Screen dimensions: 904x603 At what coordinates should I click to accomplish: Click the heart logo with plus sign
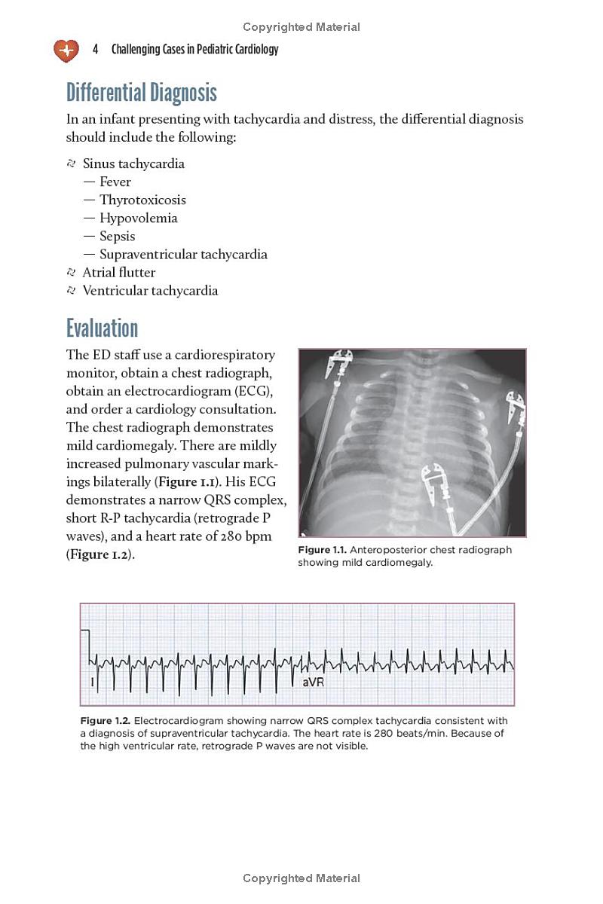pyautogui.click(x=66, y=50)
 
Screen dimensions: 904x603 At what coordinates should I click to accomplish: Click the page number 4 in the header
pyautogui.click(x=96, y=50)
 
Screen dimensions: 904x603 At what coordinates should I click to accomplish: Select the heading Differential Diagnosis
pyautogui.click(x=141, y=93)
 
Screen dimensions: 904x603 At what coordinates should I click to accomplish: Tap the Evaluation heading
pyautogui.click(x=102, y=328)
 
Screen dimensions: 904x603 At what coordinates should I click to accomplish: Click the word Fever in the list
pyautogui.click(x=115, y=182)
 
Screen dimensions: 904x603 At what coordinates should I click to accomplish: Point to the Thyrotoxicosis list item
pyautogui.click(x=142, y=200)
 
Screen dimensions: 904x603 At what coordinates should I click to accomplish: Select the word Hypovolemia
pyautogui.click(x=138, y=218)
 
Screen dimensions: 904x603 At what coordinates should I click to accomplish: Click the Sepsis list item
pyautogui.click(x=117, y=236)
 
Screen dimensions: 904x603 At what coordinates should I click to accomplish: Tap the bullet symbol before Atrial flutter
pyautogui.click(x=71, y=272)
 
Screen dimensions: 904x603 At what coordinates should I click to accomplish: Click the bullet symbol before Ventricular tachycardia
pyautogui.click(x=71, y=290)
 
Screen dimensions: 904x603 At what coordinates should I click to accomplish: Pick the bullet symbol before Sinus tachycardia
pyautogui.click(x=71, y=163)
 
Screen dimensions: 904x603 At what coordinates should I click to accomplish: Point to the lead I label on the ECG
pyautogui.click(x=92, y=682)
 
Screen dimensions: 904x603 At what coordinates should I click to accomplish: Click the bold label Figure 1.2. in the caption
pyautogui.click(x=105, y=721)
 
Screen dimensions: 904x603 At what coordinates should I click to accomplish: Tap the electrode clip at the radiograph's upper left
pyautogui.click(x=340, y=363)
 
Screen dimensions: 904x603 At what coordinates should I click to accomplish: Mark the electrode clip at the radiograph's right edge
pyautogui.click(x=516, y=408)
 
